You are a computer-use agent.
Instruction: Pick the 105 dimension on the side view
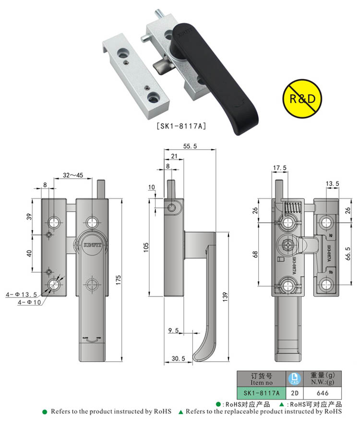(x=146, y=247)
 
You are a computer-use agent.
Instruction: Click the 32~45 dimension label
(x=72, y=176)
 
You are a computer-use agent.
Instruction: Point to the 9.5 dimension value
(x=173, y=330)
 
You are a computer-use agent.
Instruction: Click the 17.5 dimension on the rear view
(x=279, y=168)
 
